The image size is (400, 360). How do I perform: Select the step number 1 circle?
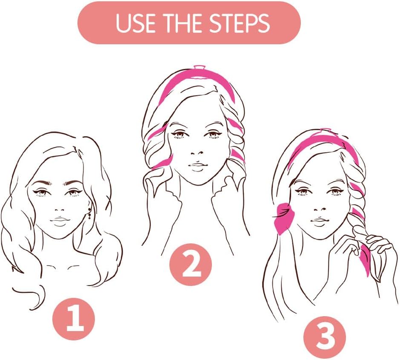(74, 319)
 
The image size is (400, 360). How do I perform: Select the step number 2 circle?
(191, 264)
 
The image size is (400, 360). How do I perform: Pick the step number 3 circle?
(325, 337)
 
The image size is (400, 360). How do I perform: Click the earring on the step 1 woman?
(89, 213)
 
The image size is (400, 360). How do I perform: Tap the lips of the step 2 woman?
(197, 165)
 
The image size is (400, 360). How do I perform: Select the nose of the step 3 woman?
(320, 209)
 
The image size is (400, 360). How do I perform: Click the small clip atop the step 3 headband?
(326, 130)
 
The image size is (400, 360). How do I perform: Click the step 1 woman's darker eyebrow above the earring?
(74, 183)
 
